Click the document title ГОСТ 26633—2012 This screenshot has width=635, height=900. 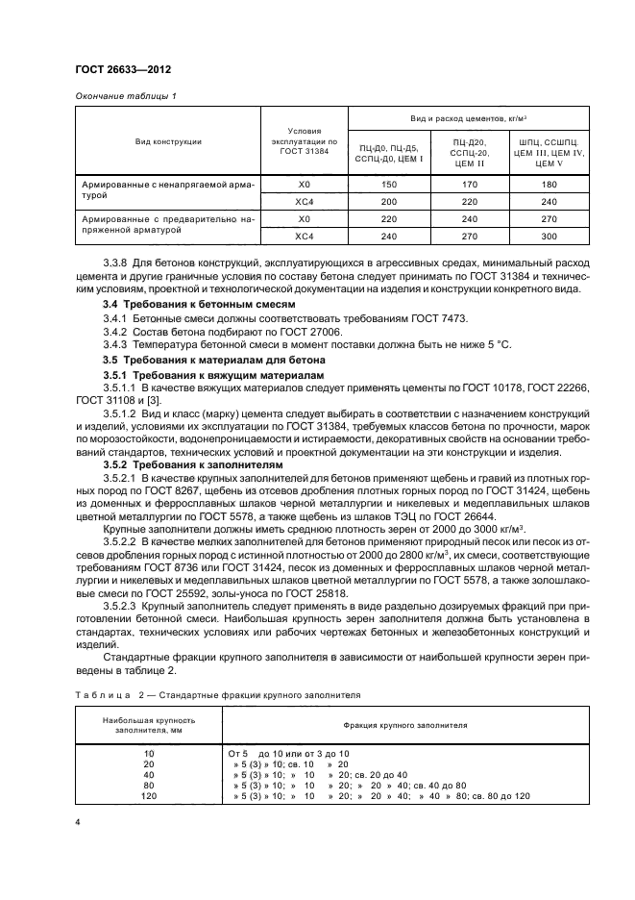coord(118,70)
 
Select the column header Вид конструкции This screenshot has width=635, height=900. coord(168,141)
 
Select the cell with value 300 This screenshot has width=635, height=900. coord(549,236)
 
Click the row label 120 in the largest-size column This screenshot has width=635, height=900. coord(149,796)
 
